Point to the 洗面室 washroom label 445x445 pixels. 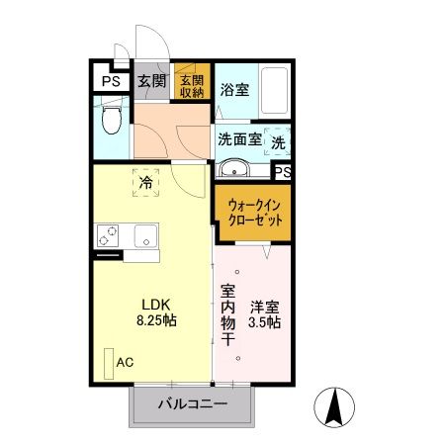pos(239,139)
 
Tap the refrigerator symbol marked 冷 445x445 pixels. pos(145,183)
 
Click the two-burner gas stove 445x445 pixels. pos(108,237)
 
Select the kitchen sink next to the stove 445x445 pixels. pos(144,237)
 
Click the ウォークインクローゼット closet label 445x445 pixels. pos(253,211)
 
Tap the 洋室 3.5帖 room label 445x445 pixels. pos(265,314)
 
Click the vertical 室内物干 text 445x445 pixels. pos(227,315)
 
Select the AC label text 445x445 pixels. pos(126,361)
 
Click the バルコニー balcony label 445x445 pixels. pos(195,404)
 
